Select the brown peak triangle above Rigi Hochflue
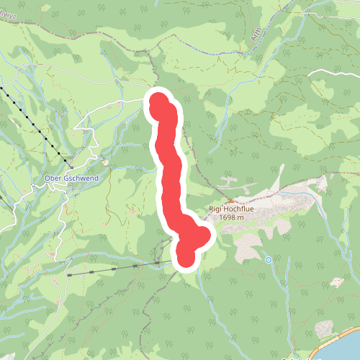230,200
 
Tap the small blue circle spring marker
268,259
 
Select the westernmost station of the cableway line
70,274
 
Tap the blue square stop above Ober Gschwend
93,162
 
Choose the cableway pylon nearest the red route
157,264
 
